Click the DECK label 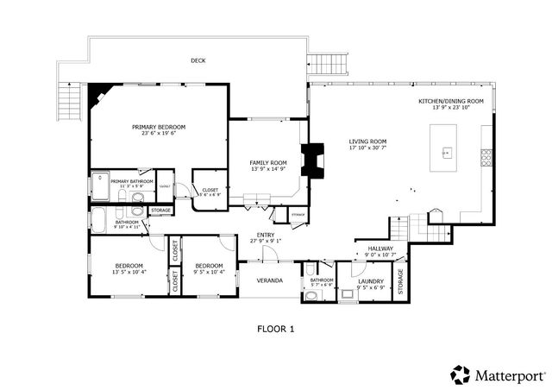198,60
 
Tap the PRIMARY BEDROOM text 159,127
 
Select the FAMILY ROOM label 267,162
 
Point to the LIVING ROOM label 367,142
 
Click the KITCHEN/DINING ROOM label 450,101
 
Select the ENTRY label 266,236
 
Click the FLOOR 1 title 276,328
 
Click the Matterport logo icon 460,374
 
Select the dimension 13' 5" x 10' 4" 129,272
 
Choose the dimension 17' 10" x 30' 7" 367,148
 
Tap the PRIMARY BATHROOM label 131,181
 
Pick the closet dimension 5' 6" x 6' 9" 210,194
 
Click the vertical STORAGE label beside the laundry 399,280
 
